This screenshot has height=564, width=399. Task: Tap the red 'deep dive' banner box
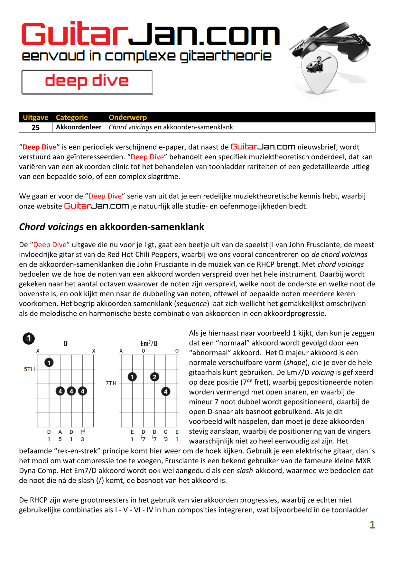coord(87,82)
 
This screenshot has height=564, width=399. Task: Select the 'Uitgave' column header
coord(35,117)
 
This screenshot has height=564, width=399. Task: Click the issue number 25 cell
coord(36,127)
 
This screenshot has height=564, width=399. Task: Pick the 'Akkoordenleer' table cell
coord(79,127)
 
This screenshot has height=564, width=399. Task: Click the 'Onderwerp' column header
coord(128,117)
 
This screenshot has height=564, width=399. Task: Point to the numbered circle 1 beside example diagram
coord(29,338)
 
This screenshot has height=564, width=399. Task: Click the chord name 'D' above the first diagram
coord(66,344)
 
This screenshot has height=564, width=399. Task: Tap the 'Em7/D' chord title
coord(149,344)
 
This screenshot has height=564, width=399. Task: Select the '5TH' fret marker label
coord(29,369)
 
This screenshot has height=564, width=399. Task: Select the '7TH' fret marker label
coord(111,383)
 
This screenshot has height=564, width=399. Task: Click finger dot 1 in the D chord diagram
coord(49,363)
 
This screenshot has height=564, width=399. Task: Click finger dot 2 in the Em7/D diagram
coord(155,377)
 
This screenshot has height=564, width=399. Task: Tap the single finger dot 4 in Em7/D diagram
coord(166,392)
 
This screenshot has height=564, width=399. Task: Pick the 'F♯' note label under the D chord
coord(83,432)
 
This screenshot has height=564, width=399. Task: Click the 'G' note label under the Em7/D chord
coord(166,432)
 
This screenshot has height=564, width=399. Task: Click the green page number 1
coord(372,525)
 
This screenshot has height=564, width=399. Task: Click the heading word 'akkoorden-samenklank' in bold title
coord(152,227)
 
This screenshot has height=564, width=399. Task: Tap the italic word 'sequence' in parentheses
coord(192,304)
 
